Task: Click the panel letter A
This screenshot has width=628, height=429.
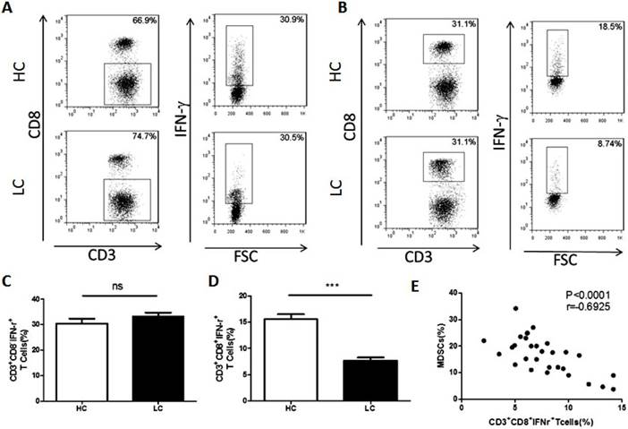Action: [x=8, y=8]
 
